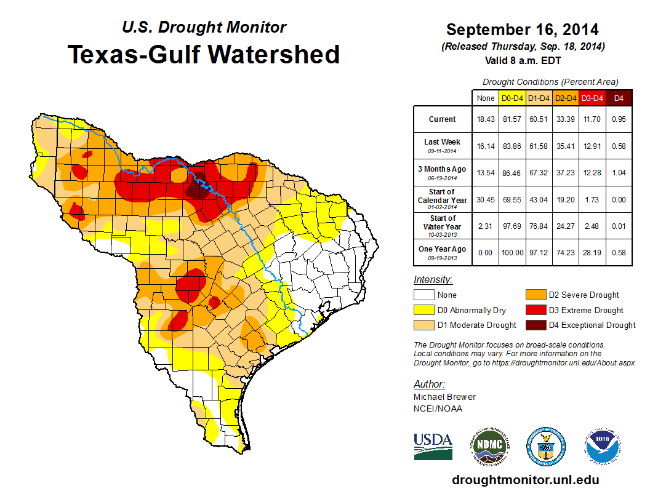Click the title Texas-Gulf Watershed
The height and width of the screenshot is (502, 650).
click(203, 54)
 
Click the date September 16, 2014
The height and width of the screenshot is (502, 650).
click(523, 30)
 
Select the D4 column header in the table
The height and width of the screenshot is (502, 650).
click(619, 98)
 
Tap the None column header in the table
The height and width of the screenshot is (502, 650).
click(485, 98)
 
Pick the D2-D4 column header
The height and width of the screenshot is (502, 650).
click(566, 98)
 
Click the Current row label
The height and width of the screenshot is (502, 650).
click(443, 119)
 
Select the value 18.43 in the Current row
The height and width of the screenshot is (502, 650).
click(485, 119)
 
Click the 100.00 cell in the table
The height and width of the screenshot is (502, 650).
click(512, 252)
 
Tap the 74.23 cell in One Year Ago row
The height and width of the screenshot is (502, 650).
click(566, 252)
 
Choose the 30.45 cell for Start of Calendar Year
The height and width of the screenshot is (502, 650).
click(485, 199)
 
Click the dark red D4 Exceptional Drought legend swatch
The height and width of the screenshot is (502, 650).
click(534, 325)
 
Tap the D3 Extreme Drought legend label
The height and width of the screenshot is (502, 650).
click(586, 310)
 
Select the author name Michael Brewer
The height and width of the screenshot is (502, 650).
click(444, 397)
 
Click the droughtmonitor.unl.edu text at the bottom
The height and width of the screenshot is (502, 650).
click(525, 480)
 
